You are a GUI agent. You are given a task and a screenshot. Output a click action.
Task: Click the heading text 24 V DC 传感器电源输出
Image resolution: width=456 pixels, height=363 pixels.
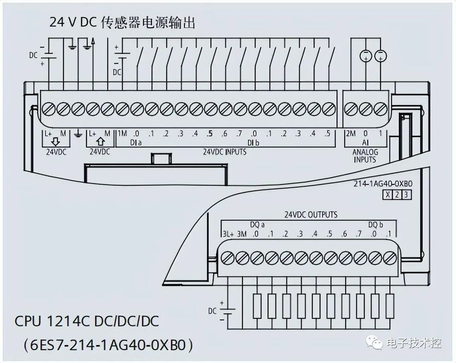(x=122, y=22)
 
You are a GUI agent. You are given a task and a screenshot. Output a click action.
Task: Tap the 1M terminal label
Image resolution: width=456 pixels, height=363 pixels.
(x=122, y=134)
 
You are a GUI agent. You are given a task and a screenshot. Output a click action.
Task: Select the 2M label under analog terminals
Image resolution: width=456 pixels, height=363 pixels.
(x=350, y=134)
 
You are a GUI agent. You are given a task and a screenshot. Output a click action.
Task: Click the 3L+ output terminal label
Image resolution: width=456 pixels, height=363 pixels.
(x=228, y=234)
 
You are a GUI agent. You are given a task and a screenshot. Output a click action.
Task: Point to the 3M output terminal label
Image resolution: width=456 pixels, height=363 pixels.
(x=242, y=234)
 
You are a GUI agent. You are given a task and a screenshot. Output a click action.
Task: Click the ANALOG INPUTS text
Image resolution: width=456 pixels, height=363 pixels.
(x=365, y=156)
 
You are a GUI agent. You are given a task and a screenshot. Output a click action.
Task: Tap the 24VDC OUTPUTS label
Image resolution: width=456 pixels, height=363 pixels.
(x=311, y=214)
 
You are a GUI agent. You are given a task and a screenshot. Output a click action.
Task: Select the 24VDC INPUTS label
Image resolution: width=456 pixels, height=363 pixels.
(x=224, y=151)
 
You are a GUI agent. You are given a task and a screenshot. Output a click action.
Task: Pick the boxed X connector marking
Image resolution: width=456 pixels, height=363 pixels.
(x=387, y=195)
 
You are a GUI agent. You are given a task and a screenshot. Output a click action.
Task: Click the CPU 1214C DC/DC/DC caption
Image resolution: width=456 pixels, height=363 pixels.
(x=87, y=321)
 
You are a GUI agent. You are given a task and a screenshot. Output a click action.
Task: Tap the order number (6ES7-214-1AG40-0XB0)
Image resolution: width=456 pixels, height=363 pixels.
(x=108, y=344)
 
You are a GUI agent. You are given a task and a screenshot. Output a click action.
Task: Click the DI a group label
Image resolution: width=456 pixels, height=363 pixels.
(x=136, y=143)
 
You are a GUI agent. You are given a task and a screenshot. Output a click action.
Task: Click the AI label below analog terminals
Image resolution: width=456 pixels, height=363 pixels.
(x=365, y=143)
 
